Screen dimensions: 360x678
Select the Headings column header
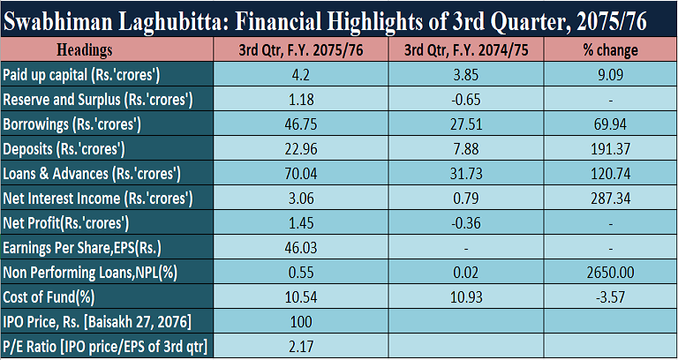(95, 51)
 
